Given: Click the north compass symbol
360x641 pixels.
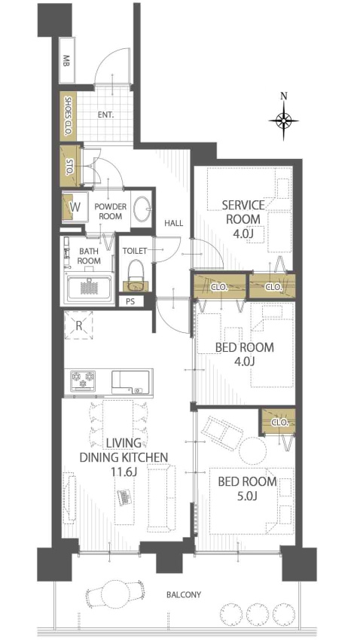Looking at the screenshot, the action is [x=284, y=121].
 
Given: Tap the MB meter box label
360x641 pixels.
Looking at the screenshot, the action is [x=66, y=60].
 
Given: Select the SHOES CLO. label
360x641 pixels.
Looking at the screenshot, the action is [x=69, y=116].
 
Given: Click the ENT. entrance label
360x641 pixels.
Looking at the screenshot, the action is [x=105, y=115].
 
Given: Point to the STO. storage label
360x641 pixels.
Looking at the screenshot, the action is [x=69, y=166].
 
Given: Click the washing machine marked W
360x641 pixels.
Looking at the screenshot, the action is [x=75, y=206].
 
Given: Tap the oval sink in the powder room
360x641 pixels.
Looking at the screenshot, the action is [x=143, y=209].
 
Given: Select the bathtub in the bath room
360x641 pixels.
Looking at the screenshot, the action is [x=90, y=288].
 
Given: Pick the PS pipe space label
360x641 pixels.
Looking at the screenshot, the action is [x=130, y=303].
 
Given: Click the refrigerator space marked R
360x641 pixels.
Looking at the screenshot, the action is [x=78, y=325].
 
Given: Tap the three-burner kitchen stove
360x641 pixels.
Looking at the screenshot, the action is [x=83, y=381].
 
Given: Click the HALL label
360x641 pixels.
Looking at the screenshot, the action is [x=174, y=223].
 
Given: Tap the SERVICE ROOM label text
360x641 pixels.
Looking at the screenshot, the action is [x=243, y=212].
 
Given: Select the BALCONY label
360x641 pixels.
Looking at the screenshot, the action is [x=184, y=594].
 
